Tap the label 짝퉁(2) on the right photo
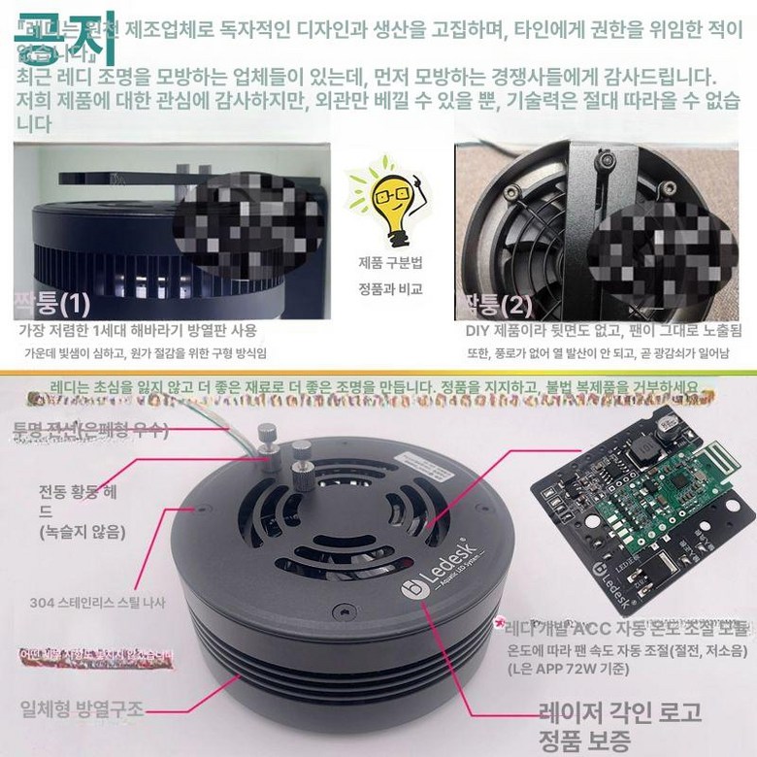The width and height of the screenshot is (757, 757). [x=499, y=306]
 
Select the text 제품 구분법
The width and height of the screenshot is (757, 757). [x=390, y=263]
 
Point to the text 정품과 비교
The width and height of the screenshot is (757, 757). [x=390, y=288]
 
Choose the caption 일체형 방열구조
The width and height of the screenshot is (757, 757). [x=82, y=709]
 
